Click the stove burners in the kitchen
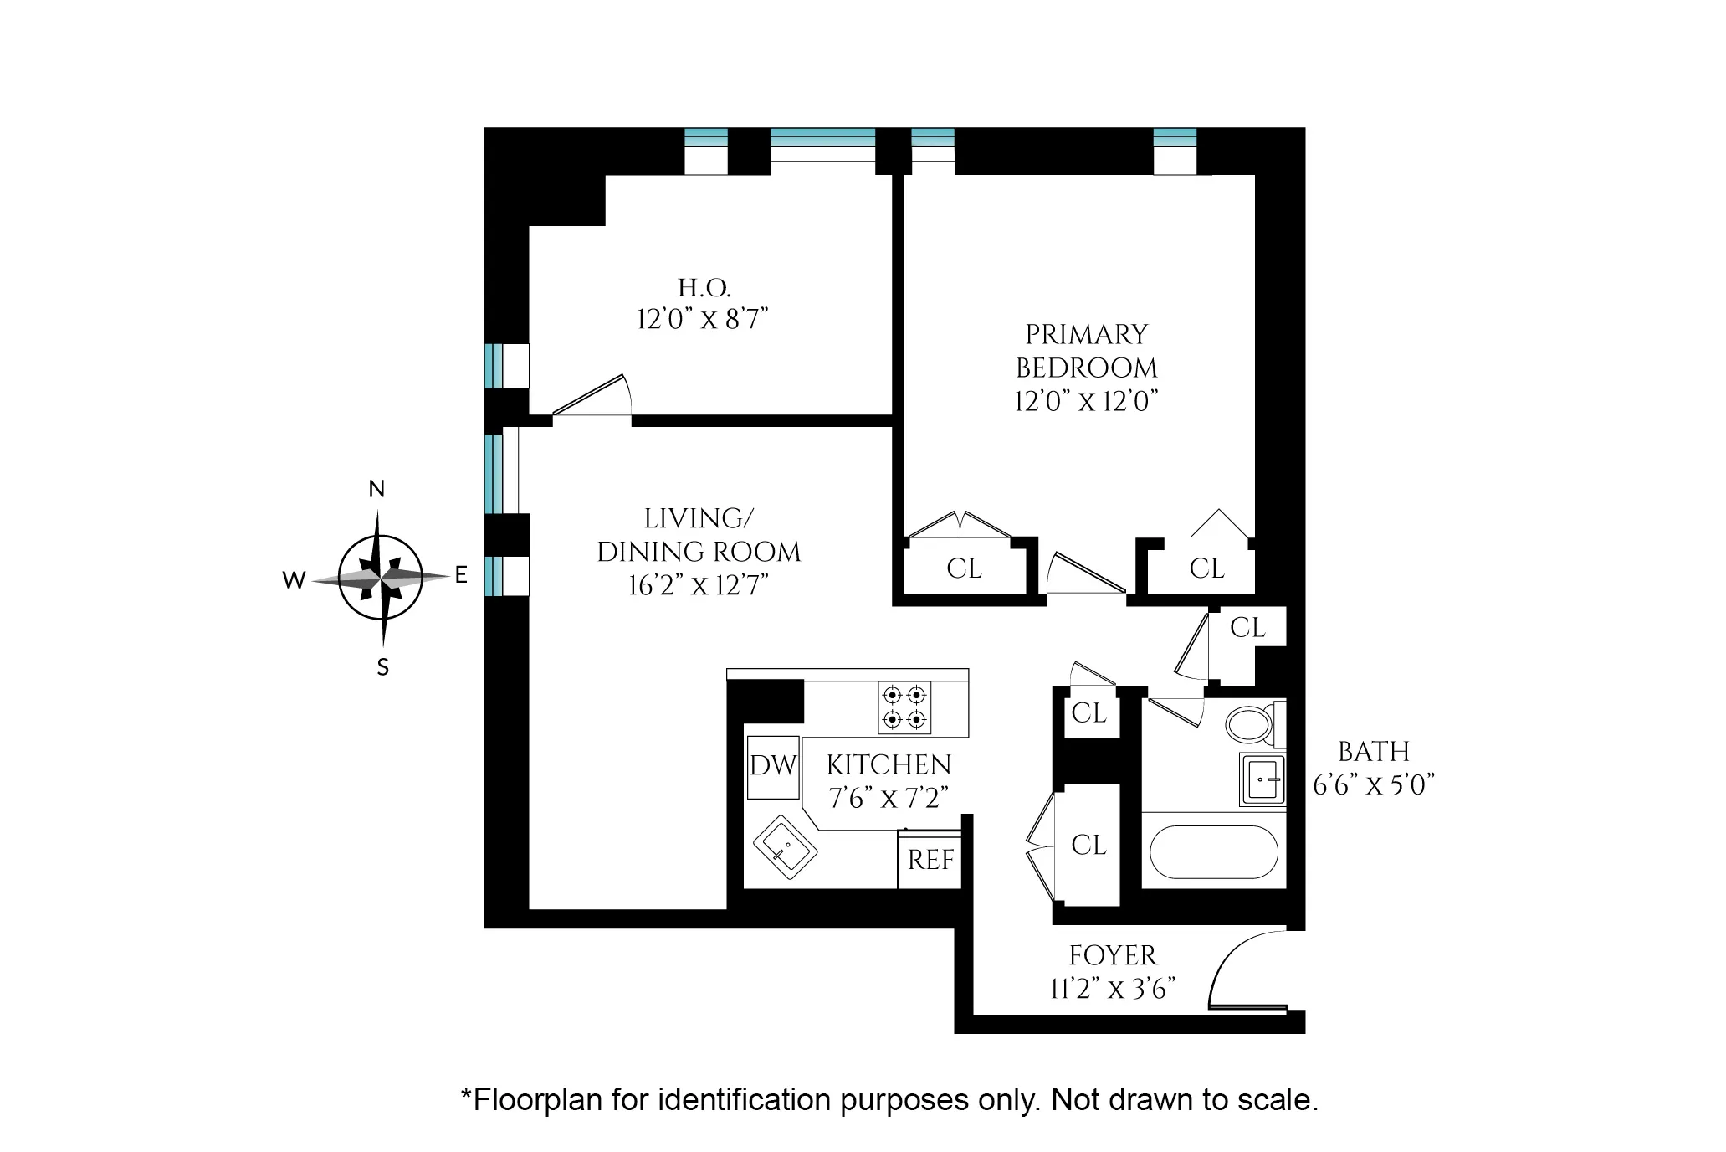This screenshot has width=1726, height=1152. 904,707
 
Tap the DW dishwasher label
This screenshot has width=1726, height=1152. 773,765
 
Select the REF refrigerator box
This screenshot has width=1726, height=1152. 930,860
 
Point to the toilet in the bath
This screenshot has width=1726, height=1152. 1249,725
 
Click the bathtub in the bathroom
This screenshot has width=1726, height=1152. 1213,852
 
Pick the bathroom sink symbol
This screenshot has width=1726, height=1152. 1262,779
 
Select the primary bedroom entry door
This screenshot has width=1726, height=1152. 1085,573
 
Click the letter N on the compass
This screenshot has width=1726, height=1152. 376,490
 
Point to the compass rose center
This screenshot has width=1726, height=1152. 381,578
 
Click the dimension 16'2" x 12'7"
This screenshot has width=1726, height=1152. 699,585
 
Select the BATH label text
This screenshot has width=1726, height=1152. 1373,751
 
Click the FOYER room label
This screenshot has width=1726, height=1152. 1112,955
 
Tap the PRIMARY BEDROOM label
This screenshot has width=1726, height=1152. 1086,351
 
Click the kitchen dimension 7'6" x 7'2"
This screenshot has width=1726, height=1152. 889,798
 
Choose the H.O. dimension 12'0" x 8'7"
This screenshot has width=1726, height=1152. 703,319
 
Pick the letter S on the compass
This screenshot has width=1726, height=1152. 382,667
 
